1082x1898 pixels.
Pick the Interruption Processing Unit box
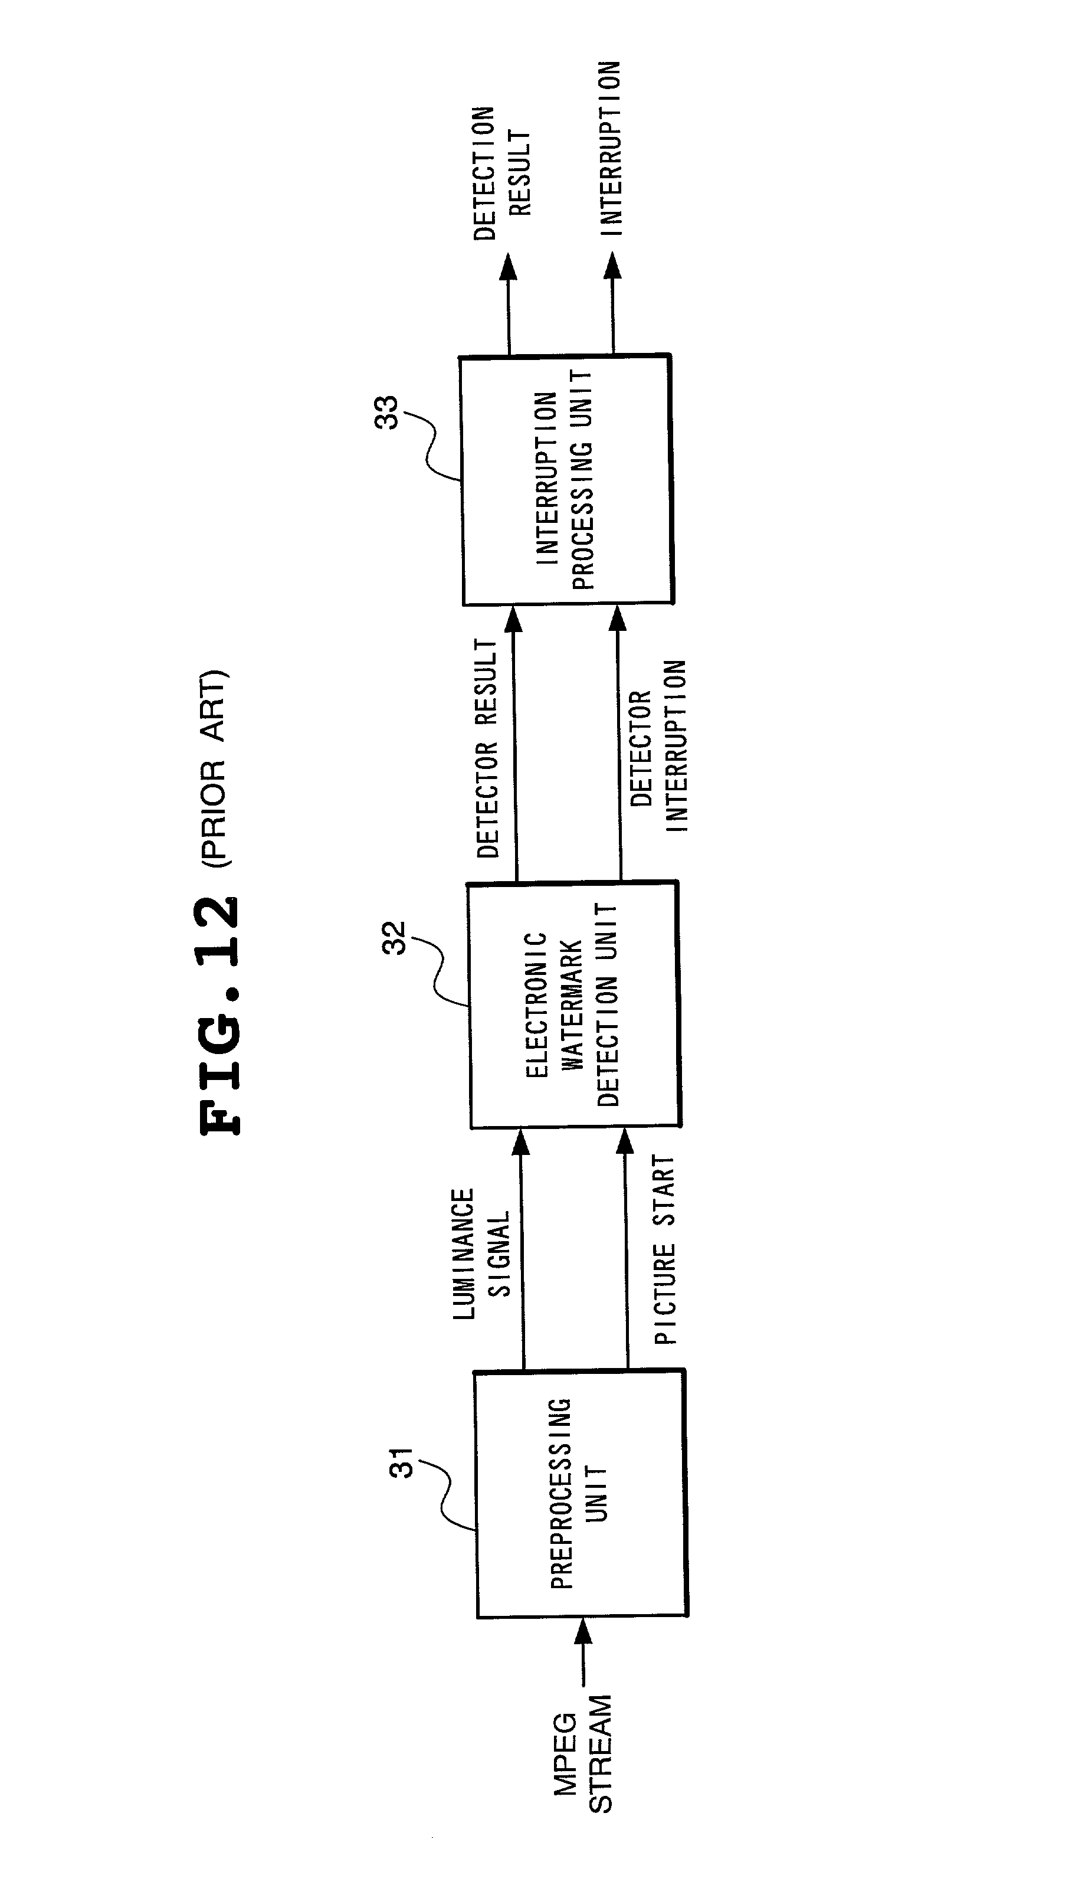pyautogui.click(x=567, y=480)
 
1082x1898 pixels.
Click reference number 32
pyautogui.click(x=395, y=937)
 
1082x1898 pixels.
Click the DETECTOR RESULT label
pyautogui.click(x=486, y=748)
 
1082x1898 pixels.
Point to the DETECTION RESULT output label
pyautogui.click(x=503, y=173)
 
